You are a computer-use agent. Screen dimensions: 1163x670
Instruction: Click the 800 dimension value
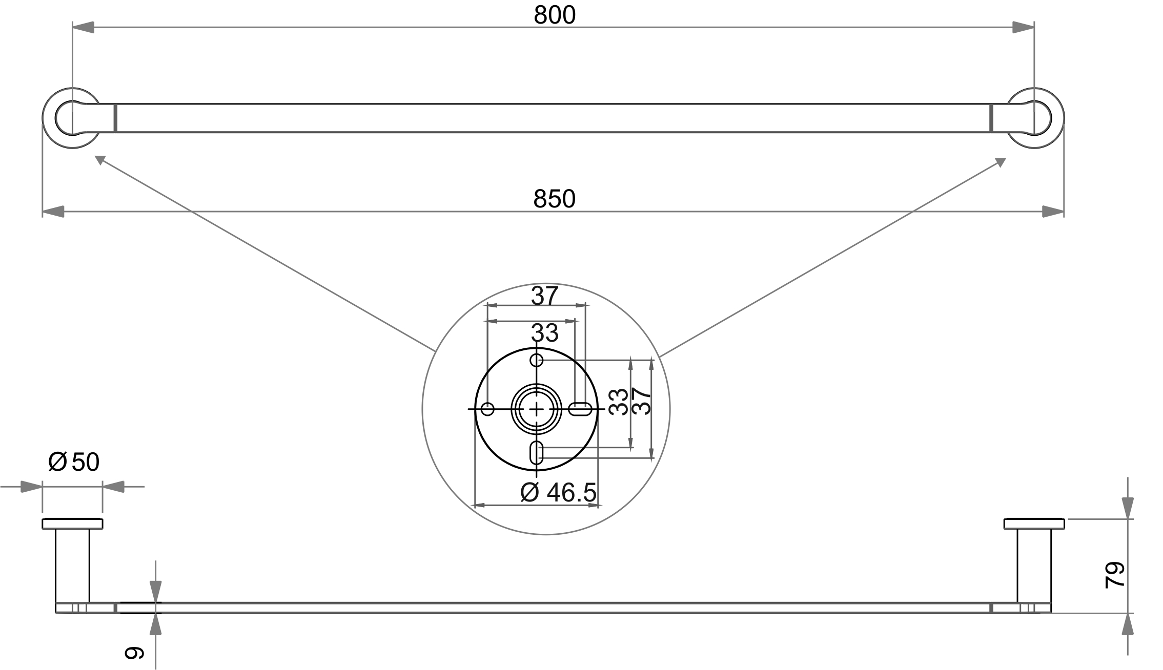555,15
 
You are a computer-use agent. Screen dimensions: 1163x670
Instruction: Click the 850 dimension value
554,199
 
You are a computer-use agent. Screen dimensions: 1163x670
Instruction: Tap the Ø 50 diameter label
73,462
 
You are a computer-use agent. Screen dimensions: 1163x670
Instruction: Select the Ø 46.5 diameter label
558,493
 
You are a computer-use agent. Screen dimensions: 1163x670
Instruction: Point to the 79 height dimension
1114,575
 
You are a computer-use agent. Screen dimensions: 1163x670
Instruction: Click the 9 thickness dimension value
135,652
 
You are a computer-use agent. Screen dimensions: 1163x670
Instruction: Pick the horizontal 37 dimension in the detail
544,296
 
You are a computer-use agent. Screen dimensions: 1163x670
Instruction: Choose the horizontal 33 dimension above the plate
544,333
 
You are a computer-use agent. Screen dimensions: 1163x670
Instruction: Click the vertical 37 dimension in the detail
642,401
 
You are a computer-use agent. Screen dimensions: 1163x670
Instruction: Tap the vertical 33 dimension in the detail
619,402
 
